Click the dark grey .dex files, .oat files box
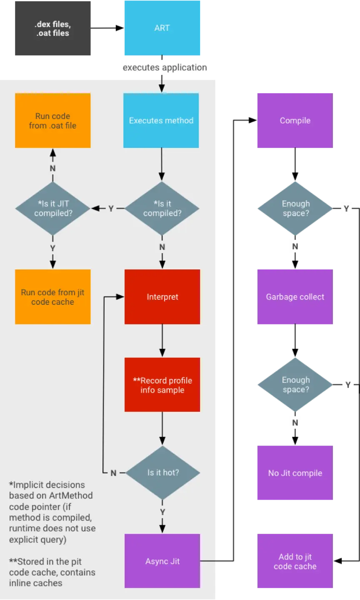click(53, 28)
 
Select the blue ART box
click(162, 28)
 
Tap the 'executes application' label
click(165, 67)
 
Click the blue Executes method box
click(161, 120)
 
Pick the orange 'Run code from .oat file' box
click(53, 120)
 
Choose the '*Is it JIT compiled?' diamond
click(52, 208)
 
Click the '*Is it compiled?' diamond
click(162, 208)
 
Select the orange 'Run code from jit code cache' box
click(53, 297)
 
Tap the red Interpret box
click(162, 297)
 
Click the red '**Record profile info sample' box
click(162, 385)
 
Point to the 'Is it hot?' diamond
click(163, 473)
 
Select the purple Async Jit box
click(162, 561)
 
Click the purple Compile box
click(295, 120)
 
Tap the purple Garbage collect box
click(295, 297)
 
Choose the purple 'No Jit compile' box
click(295, 473)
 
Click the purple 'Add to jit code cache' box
click(295, 561)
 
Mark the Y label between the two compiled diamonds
click(111, 208)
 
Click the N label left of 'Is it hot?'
click(113, 473)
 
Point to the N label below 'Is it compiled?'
click(162, 247)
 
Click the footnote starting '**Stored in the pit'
click(52, 572)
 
